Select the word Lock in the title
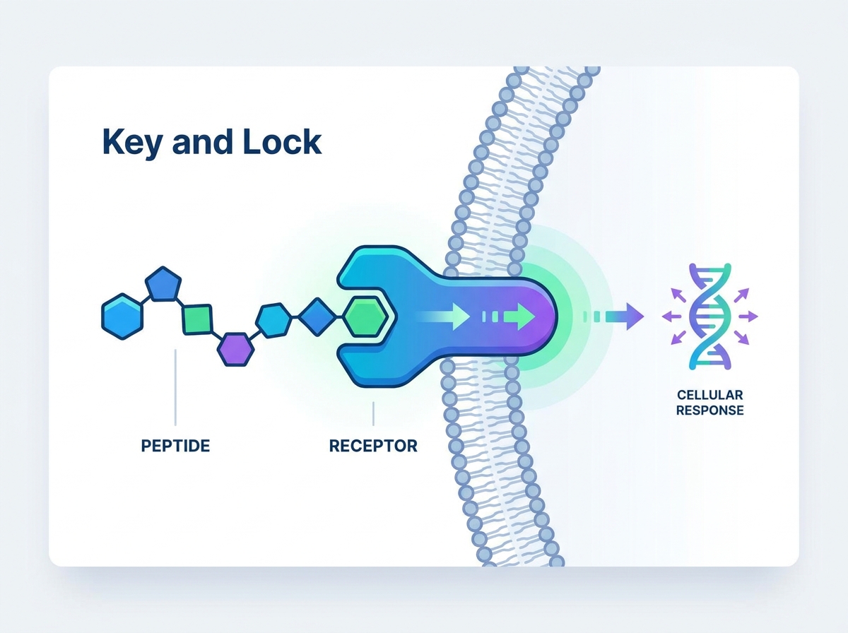pyautogui.click(x=282, y=141)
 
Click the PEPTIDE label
pyautogui.click(x=175, y=446)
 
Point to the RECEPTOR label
pyautogui.click(x=373, y=446)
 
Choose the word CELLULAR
pyautogui.click(x=710, y=395)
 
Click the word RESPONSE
pyautogui.click(x=710, y=410)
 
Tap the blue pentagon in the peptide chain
pyautogui.click(x=163, y=284)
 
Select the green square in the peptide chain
pyautogui.click(x=197, y=319)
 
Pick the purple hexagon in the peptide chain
pyautogui.click(x=235, y=349)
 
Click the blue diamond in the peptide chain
pyautogui.click(x=317, y=316)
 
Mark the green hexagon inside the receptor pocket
pyautogui.click(x=366, y=316)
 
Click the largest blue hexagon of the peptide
pyautogui.click(x=122, y=316)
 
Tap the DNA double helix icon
pyautogui.click(x=710, y=316)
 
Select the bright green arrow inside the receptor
pyautogui.click(x=519, y=316)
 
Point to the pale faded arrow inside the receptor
pyautogui.click(x=444, y=316)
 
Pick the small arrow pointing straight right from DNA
pyautogui.click(x=748, y=316)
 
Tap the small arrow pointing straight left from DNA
pyautogui.click(x=672, y=316)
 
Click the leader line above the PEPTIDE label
pyautogui.click(x=175, y=387)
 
